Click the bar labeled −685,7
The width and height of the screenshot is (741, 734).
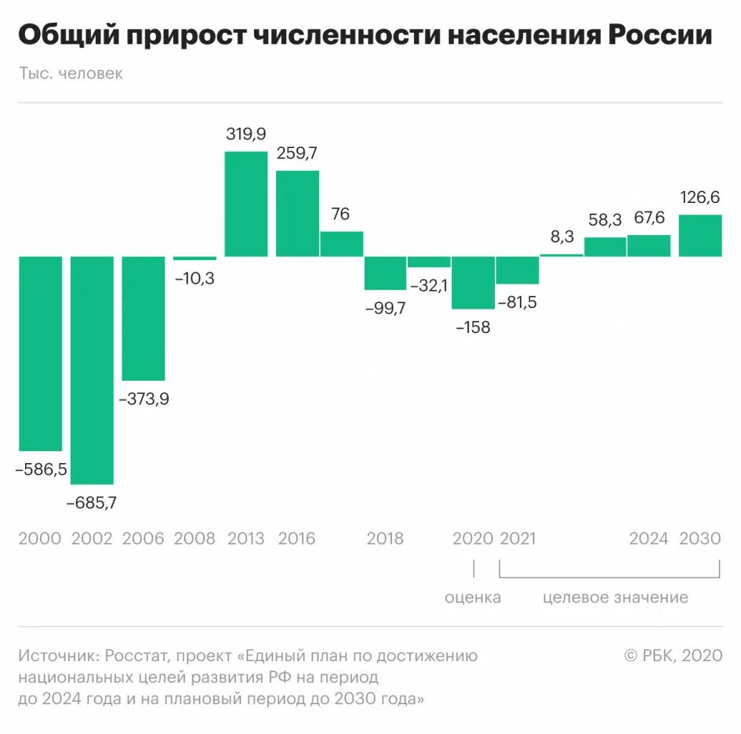click(x=92, y=370)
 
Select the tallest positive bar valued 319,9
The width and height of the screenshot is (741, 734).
click(x=245, y=204)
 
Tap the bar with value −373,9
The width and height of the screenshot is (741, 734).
click(x=143, y=318)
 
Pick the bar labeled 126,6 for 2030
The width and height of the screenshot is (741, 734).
click(x=699, y=235)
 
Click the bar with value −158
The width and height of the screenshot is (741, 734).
click(x=473, y=282)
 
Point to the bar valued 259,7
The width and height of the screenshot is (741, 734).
click(x=297, y=213)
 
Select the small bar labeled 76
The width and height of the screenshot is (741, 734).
click(x=341, y=244)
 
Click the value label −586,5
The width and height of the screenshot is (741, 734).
click(x=41, y=470)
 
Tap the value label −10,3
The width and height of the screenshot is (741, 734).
click(x=194, y=278)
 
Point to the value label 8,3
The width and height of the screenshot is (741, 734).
click(x=561, y=235)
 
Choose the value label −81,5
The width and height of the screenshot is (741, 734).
click(x=517, y=302)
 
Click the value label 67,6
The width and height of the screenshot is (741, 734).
click(x=648, y=218)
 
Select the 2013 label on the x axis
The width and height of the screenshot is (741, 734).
click(x=245, y=538)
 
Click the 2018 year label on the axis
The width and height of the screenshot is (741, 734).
click(x=385, y=538)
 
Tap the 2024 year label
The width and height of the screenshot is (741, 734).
click(x=648, y=538)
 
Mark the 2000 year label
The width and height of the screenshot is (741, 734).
click(x=40, y=538)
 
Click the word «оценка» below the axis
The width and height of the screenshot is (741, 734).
click(x=473, y=598)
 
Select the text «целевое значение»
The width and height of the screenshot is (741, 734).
click(x=616, y=598)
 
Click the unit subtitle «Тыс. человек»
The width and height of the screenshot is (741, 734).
click(x=71, y=74)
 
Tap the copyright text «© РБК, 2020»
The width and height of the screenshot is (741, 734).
click(x=673, y=656)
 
